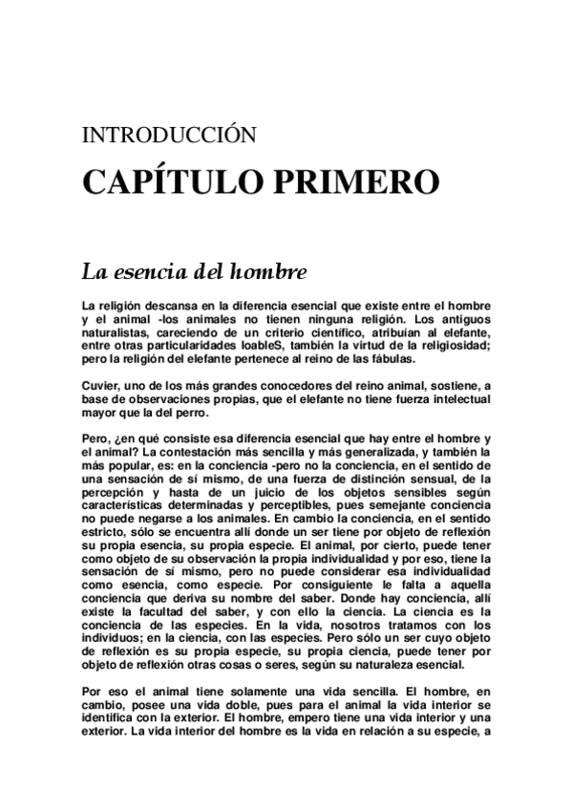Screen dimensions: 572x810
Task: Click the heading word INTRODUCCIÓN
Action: (170, 135)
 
